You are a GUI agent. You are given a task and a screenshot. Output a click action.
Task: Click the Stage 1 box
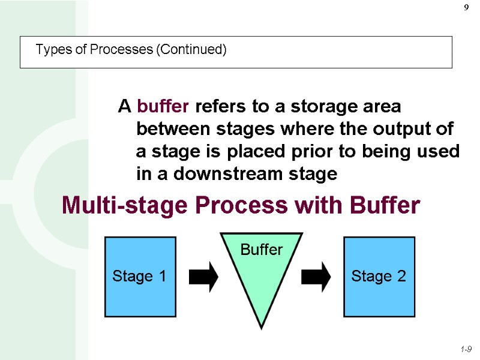[140, 277]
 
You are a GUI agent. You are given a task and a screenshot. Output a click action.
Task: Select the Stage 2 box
[379, 277]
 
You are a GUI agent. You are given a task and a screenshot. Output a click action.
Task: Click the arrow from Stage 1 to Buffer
[203, 277]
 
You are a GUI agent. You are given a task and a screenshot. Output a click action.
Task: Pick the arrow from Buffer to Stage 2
[316, 277]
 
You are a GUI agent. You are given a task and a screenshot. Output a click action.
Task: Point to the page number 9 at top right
[466, 8]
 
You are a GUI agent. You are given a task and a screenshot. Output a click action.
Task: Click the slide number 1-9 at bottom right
[466, 349]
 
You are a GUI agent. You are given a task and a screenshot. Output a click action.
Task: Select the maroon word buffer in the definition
[163, 107]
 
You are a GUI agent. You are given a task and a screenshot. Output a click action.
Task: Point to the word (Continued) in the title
[191, 50]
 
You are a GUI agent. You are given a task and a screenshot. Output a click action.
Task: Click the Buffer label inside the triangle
[261, 250]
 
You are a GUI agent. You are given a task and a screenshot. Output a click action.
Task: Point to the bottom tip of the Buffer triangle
[261, 326]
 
